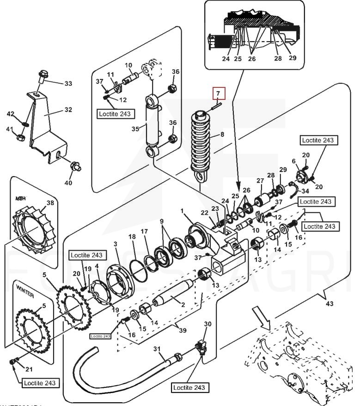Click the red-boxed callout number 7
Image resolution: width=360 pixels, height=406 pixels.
219,93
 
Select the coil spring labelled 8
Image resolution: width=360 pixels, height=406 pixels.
201,143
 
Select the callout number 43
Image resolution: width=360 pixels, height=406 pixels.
329,304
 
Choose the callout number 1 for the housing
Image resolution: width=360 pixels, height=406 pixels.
182,211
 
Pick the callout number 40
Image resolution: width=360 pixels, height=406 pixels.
68,183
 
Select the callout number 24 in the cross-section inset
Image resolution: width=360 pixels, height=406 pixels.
226,59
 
